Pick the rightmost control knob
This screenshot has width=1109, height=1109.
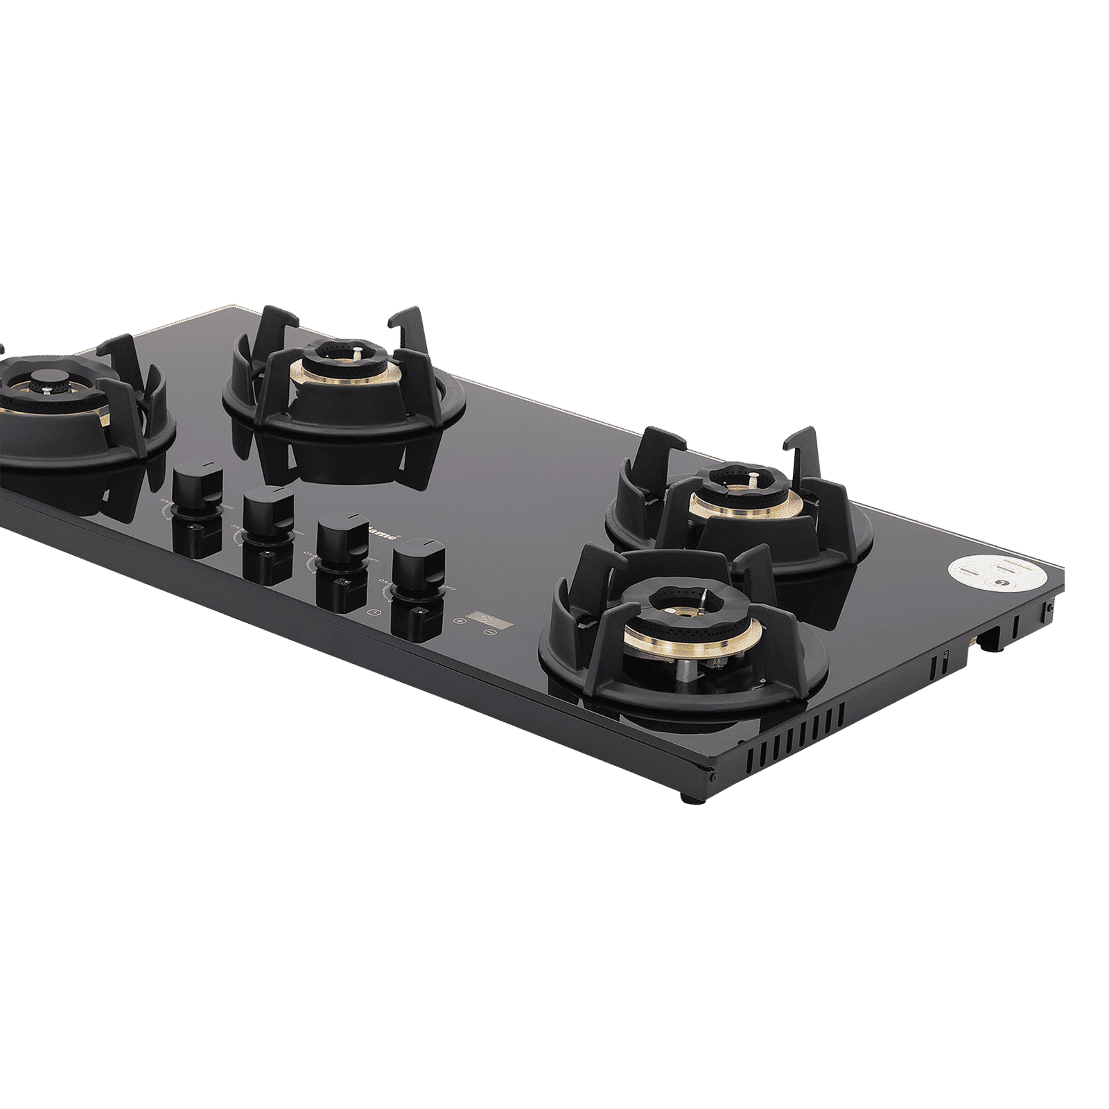coord(417,557)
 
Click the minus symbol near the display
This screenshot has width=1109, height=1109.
coord(489,632)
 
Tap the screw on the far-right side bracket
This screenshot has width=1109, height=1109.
coord(1051,606)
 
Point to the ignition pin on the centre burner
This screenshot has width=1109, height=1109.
coord(356,351)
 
